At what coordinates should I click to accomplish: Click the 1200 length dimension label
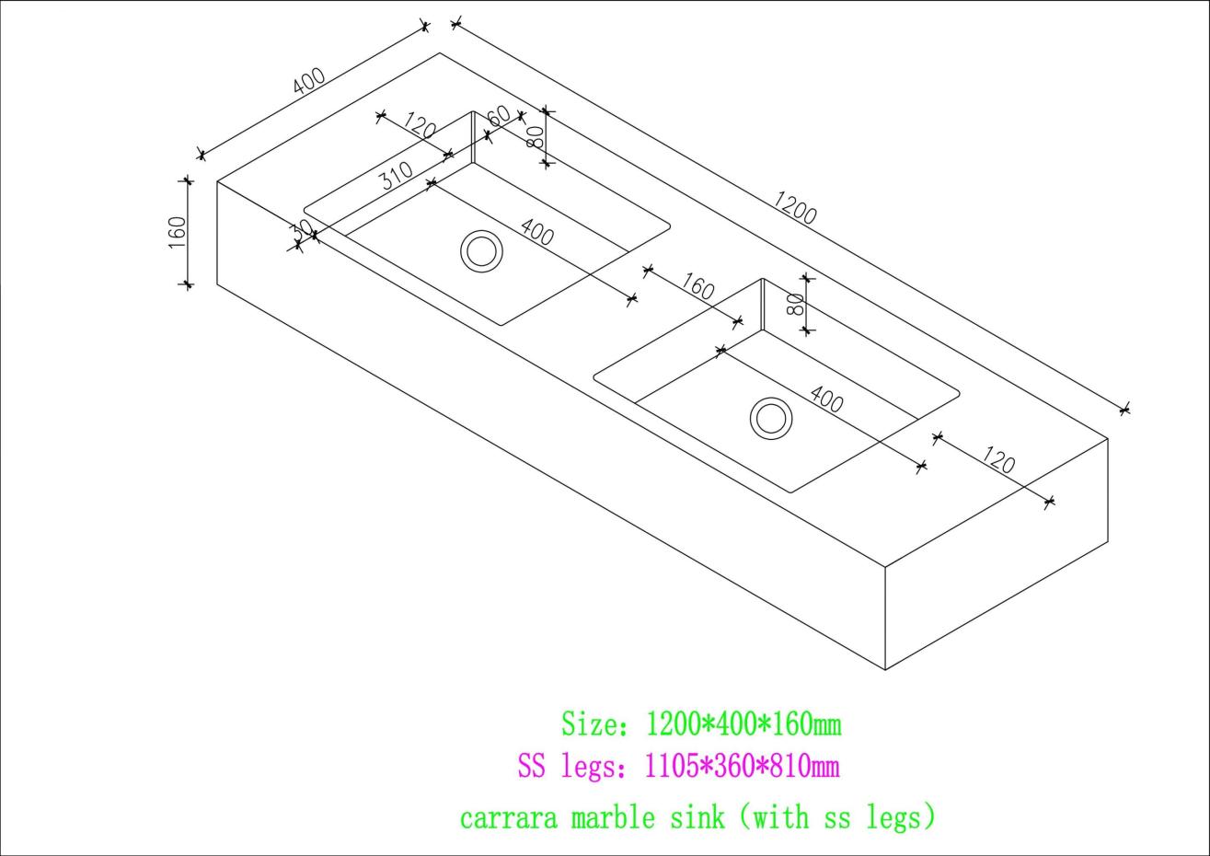(794, 208)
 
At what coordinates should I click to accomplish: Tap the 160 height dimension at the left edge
(178, 232)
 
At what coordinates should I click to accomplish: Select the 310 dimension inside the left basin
(397, 176)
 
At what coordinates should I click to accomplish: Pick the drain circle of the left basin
(481, 251)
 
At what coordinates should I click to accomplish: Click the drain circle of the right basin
(771, 418)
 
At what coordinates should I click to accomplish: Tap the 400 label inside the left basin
(537, 232)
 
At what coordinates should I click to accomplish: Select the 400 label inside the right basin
(826, 399)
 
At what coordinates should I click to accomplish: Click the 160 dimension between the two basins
(697, 286)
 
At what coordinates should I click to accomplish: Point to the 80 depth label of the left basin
(535, 137)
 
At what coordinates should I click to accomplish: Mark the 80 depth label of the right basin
(796, 305)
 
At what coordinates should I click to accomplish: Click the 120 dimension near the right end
(997, 460)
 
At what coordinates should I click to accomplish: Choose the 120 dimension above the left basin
(420, 125)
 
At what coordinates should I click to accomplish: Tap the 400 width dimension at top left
(309, 80)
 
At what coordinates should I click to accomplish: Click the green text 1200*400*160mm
(743, 724)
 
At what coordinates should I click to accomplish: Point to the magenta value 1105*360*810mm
(743, 766)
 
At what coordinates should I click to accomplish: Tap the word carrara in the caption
(508, 818)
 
